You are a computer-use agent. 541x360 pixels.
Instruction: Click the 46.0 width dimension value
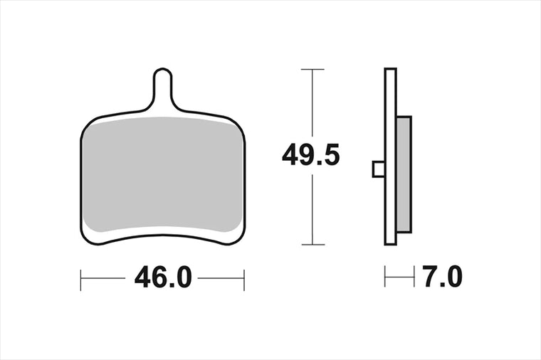163,278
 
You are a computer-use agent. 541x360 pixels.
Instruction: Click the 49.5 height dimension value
310,155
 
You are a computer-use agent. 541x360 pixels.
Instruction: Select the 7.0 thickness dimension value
442,277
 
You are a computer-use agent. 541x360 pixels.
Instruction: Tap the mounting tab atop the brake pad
162,88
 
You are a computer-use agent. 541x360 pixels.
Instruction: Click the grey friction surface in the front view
162,174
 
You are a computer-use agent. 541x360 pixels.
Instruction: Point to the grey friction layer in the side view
404,174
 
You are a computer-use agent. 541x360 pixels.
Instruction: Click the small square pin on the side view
379,169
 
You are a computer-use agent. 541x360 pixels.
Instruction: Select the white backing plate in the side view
390,157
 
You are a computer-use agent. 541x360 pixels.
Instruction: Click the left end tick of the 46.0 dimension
80,280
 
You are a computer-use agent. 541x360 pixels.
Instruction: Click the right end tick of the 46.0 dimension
244,280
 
